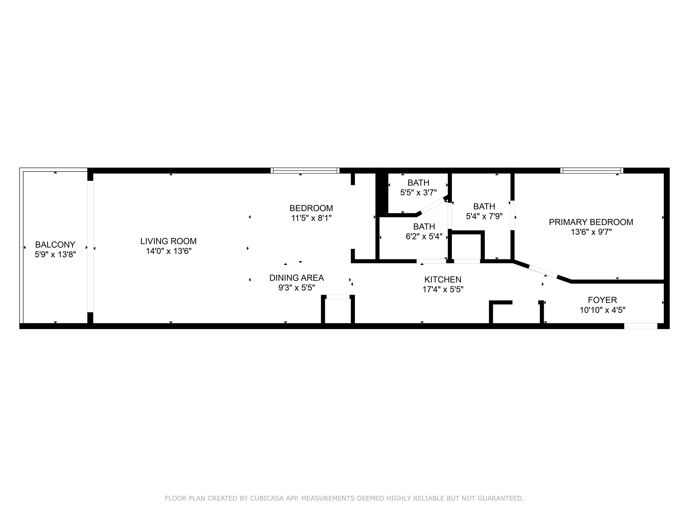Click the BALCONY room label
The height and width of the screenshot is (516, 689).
tap(55, 245)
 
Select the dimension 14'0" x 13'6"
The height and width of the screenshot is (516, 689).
tap(168, 251)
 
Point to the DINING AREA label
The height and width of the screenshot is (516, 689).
tap(297, 278)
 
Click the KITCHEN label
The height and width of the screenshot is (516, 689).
tap(443, 280)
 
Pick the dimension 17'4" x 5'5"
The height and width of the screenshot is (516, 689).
tap(443, 290)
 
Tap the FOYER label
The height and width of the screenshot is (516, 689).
tap(602, 300)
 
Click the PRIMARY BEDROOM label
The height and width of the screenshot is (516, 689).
tap(591, 222)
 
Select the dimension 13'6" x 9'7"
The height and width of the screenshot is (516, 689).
tap(591, 232)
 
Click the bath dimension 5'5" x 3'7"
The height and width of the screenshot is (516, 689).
tap(418, 193)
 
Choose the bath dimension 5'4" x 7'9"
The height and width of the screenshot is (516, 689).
tap(484, 216)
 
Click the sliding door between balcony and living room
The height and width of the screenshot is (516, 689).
tap(90, 246)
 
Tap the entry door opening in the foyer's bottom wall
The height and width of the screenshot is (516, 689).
tap(641, 326)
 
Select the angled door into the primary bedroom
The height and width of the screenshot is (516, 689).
tap(543, 271)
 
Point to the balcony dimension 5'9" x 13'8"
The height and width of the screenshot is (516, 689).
tap(55, 254)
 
